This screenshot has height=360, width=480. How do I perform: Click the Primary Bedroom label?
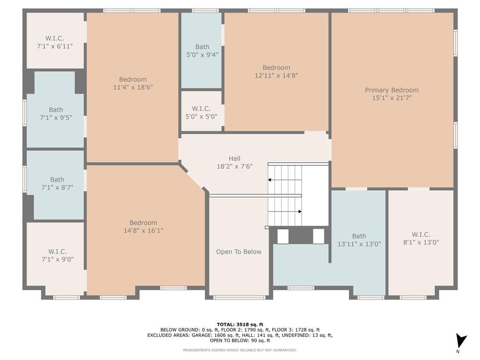(x=391, y=90)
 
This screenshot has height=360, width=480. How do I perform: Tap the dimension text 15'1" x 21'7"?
(x=391, y=98)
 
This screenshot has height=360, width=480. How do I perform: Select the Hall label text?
(x=234, y=159)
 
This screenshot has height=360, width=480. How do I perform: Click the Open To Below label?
(x=238, y=252)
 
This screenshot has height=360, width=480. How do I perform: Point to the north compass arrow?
(x=461, y=341)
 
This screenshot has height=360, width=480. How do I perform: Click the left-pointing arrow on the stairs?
(x=270, y=180)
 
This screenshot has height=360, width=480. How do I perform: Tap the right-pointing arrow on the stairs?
(x=299, y=211)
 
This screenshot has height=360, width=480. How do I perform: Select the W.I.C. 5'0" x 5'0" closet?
(x=201, y=112)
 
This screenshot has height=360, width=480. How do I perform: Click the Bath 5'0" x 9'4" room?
(x=202, y=51)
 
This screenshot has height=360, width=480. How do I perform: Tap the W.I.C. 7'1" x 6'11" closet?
(x=55, y=42)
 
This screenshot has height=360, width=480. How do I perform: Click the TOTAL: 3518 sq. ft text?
(x=240, y=324)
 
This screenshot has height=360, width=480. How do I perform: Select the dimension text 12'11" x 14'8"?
(x=276, y=76)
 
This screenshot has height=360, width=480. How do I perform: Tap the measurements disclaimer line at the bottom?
(x=240, y=350)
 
